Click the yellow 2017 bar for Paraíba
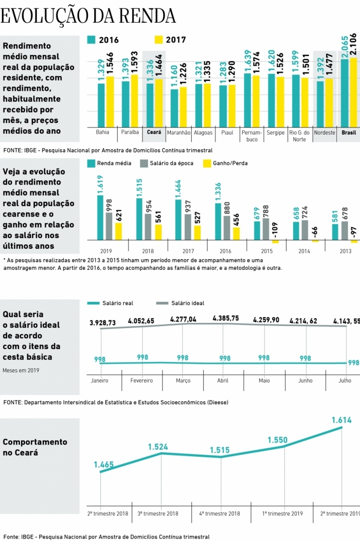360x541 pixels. pyautogui.click(x=135, y=101)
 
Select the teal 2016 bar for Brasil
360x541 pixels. pyautogui.click(x=345, y=93)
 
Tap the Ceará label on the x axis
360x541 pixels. pyautogui.click(x=154, y=132)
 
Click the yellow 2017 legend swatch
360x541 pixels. pyautogui.click(x=158, y=40)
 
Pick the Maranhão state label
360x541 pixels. pyautogui.click(x=178, y=132)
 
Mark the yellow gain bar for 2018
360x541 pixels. pyautogui.click(x=158, y=232)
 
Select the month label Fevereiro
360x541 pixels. pyautogui.click(x=142, y=381)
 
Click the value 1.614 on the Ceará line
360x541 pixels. pyautogui.click(x=341, y=420)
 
